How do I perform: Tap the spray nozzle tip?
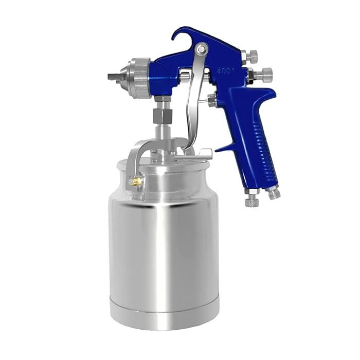pos(114,77)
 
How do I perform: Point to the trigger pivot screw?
pos(201,50)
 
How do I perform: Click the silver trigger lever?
pos(192,108)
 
